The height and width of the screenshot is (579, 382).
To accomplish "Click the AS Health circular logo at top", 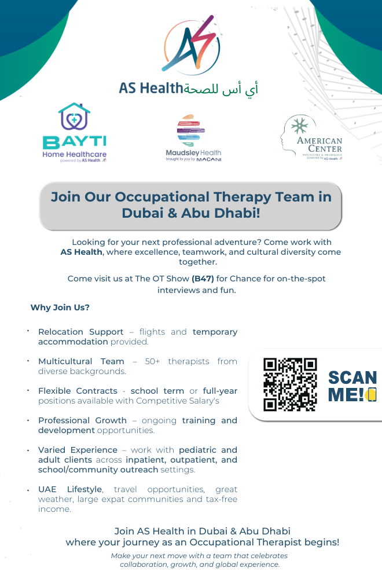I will [x=191, y=45].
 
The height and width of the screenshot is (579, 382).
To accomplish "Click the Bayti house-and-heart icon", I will [x=75, y=117].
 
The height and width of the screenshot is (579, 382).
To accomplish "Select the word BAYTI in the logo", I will [x=75, y=142].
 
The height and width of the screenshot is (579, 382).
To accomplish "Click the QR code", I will [x=290, y=384].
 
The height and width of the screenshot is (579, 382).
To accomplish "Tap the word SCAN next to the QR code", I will [x=352, y=378].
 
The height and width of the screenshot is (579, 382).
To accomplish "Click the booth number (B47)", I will [x=203, y=278].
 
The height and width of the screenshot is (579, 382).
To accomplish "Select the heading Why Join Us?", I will [x=60, y=307].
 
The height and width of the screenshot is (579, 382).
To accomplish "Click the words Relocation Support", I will [x=80, y=332].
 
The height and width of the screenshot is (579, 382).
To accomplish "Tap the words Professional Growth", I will [x=82, y=420].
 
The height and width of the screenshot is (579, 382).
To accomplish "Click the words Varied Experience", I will [x=78, y=450].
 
